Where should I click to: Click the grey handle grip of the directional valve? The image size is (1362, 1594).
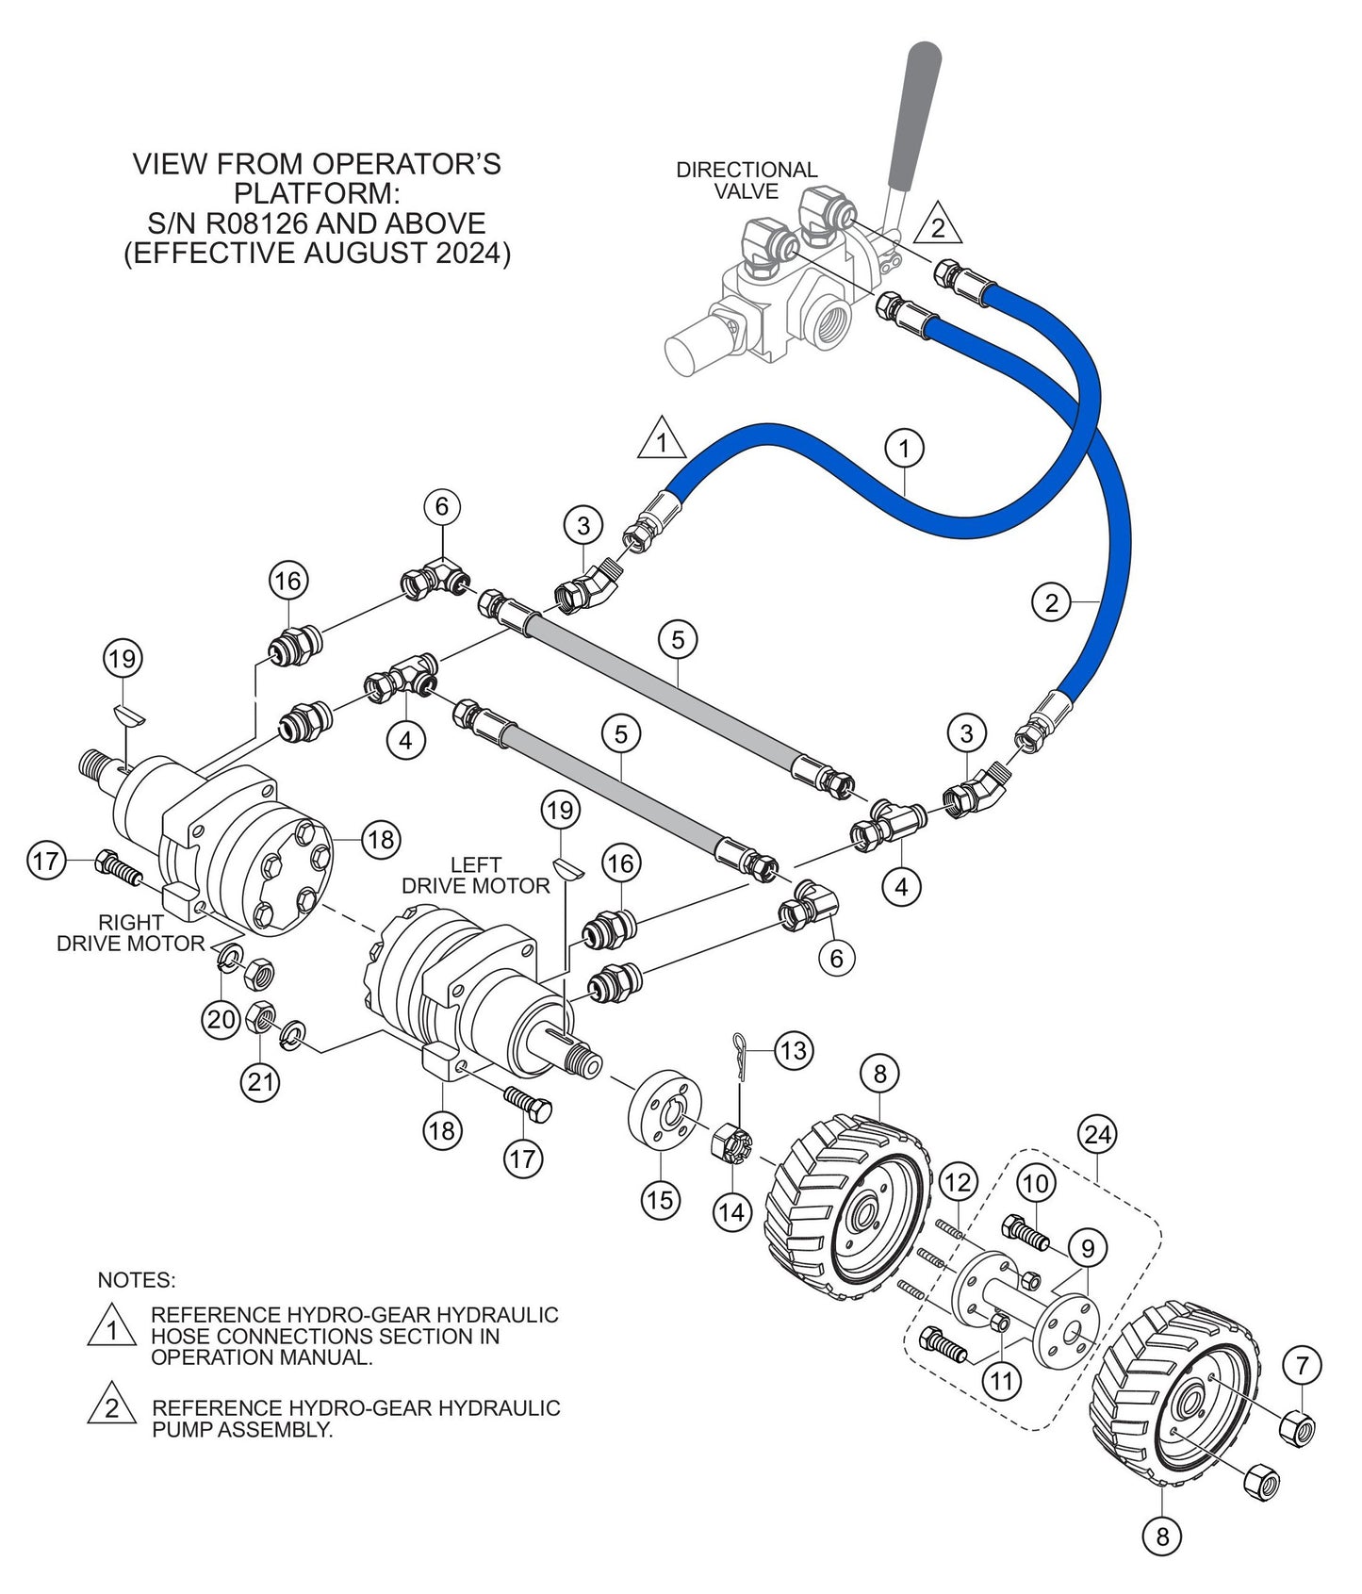(x=913, y=113)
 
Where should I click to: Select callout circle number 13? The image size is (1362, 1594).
(x=794, y=1049)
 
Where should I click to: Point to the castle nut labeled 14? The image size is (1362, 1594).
(x=731, y=1145)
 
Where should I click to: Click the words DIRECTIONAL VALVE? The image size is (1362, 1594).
(x=747, y=180)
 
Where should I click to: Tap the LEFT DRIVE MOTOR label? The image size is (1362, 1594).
(x=476, y=875)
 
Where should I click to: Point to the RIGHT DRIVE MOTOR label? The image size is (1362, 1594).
(x=130, y=932)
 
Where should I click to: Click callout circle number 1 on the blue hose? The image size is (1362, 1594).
(x=905, y=449)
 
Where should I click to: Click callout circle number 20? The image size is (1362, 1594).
(x=222, y=1020)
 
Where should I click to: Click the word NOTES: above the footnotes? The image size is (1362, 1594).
(x=137, y=1280)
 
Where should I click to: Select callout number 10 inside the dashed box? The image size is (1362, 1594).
(x=1035, y=1184)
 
